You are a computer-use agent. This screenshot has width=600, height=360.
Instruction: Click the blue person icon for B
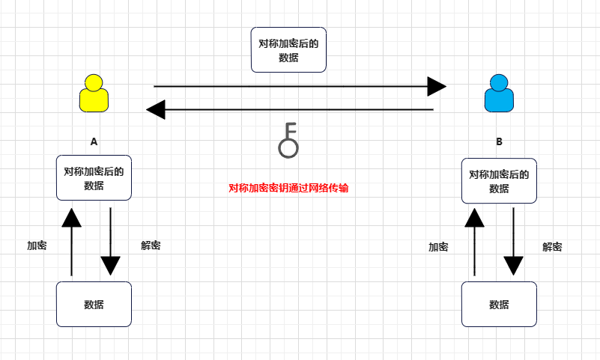tap(499, 94)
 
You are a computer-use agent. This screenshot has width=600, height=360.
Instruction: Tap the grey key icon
tap(288, 140)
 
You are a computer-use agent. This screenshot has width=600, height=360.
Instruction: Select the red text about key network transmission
tap(288, 189)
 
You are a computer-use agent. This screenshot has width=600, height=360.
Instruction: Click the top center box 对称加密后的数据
tap(288, 50)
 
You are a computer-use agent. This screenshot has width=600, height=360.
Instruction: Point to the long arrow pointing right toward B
tap(300, 86)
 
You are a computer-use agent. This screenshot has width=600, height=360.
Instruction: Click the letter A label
tap(94, 141)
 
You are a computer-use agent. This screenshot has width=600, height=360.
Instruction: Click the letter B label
tap(500, 141)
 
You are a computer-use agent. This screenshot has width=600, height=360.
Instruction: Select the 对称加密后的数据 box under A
tap(94, 178)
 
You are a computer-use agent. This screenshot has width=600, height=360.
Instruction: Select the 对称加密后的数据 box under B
tap(499, 181)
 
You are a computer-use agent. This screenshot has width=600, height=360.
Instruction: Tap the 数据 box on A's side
tap(94, 304)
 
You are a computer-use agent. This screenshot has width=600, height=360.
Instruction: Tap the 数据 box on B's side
tap(499, 305)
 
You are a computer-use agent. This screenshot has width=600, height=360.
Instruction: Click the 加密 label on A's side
tap(37, 245)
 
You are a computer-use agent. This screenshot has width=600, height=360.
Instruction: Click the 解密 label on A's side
tap(151, 245)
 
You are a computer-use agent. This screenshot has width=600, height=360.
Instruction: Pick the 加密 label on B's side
tap(438, 247)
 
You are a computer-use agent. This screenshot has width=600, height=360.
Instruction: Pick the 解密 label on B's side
tap(553, 247)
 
